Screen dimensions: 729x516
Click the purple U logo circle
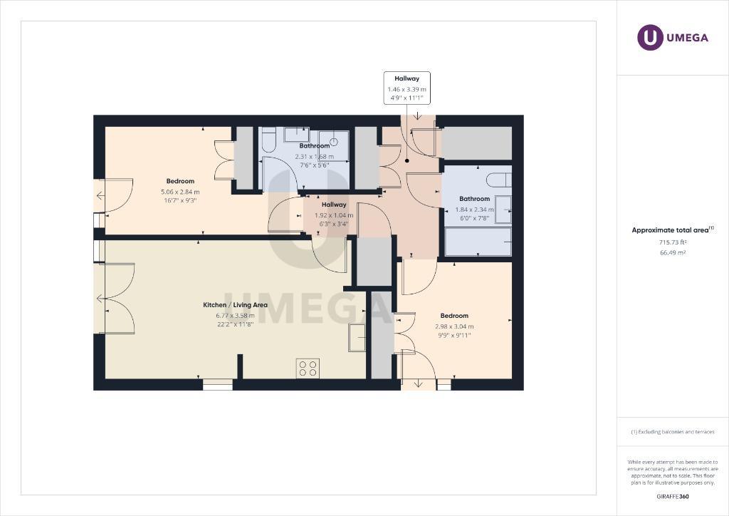[650, 37]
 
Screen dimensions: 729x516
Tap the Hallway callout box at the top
[407, 88]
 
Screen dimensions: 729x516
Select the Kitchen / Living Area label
[235, 305]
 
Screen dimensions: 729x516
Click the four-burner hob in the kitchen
[308, 368]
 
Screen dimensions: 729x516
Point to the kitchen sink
[357, 337]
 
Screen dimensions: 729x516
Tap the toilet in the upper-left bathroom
[268, 140]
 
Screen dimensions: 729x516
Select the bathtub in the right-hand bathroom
[478, 241]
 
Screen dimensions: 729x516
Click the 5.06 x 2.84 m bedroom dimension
[180, 192]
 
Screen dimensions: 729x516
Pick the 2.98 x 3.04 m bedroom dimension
[454, 326]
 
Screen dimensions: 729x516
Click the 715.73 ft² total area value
[673, 242]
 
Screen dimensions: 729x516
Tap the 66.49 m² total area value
[673, 252]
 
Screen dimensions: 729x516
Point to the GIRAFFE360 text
[673, 497]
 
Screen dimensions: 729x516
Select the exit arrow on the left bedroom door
[100, 195]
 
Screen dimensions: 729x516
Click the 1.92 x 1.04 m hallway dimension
[334, 215]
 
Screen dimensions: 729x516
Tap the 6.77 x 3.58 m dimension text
[235, 316]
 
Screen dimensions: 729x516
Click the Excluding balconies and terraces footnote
[673, 432]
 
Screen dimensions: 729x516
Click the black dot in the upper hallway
[407, 161]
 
